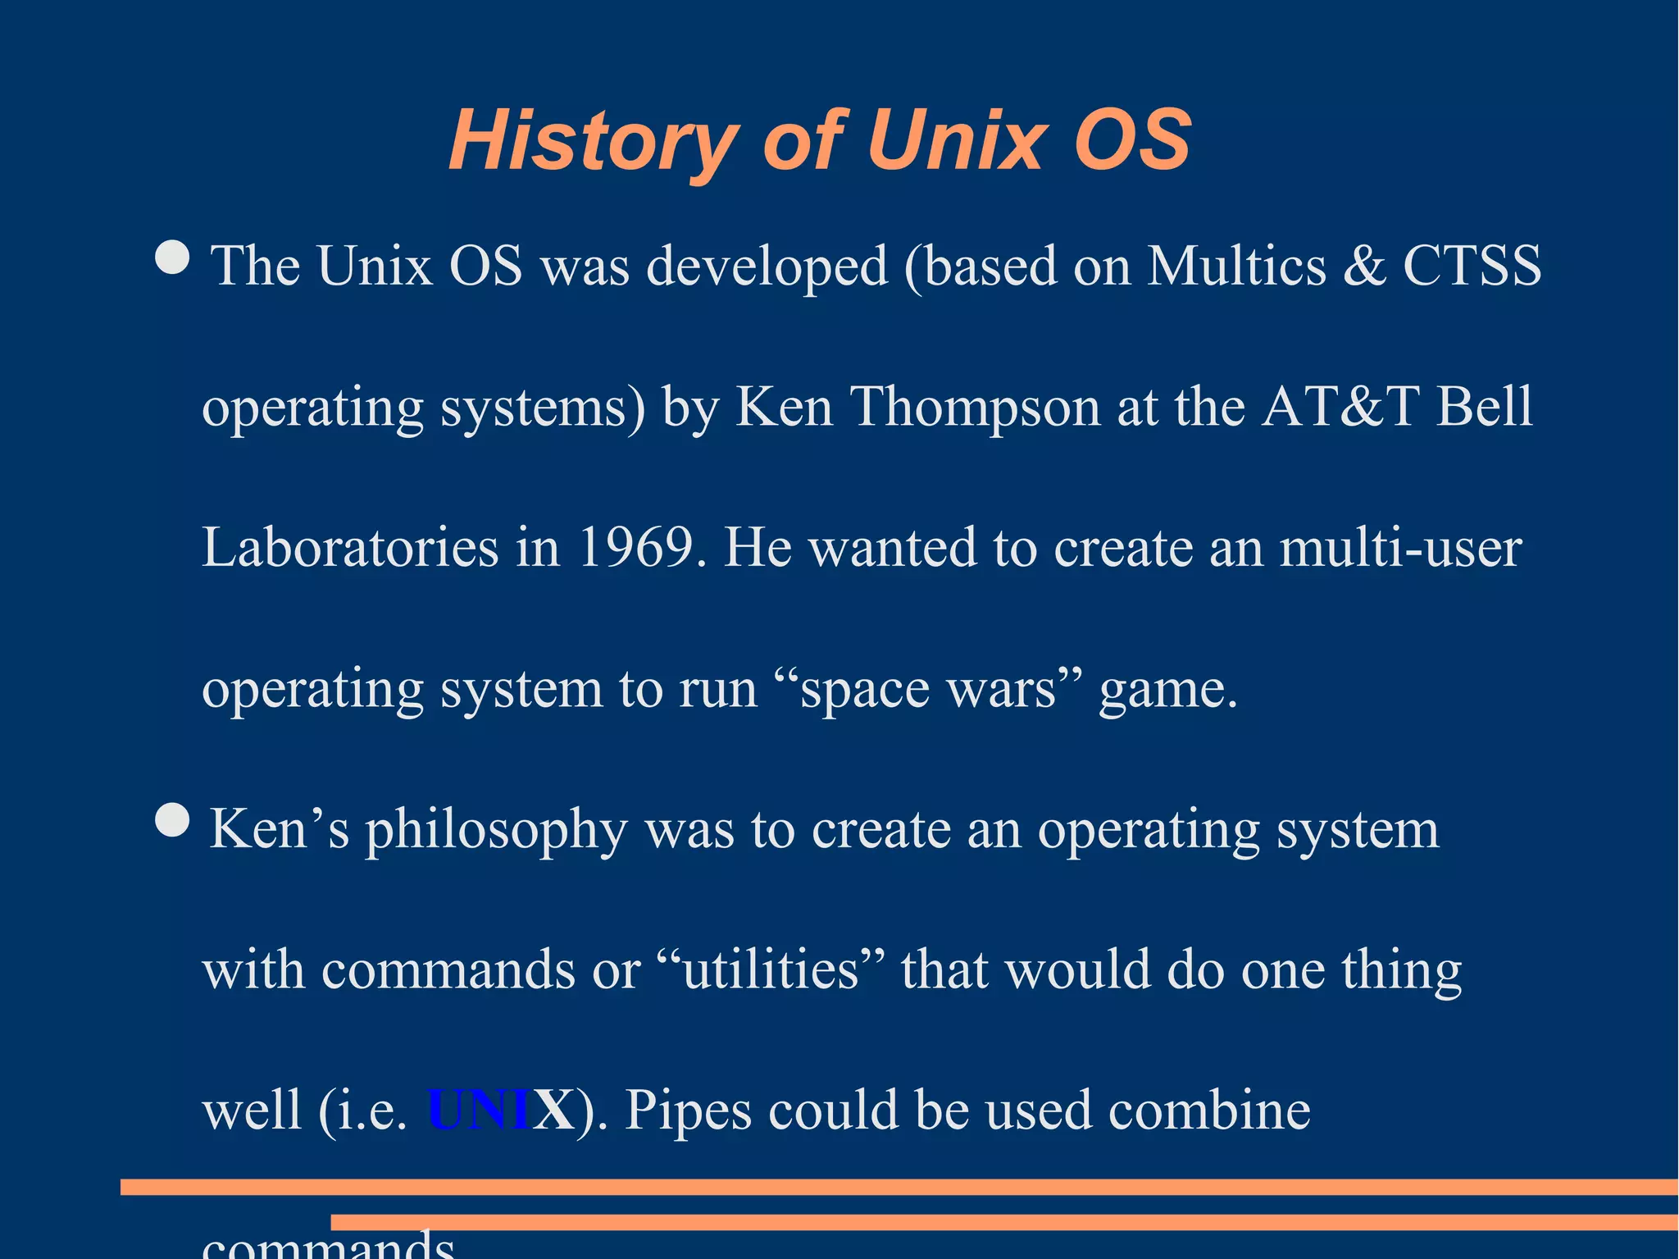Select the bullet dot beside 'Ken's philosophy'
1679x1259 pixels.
[x=172, y=820]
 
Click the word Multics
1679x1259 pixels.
[x=1236, y=266]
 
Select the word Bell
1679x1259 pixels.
[x=1484, y=407]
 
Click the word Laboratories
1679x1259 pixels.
[x=350, y=547]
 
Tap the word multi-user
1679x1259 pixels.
[x=1400, y=547]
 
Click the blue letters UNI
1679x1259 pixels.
[x=479, y=1111]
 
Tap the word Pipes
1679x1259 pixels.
[x=688, y=1111]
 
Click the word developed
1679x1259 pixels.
[x=767, y=267]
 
